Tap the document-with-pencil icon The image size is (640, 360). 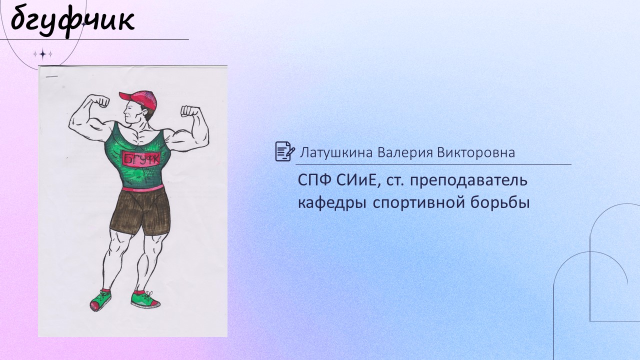(x=285, y=151)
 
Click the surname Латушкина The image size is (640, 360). (x=336, y=152)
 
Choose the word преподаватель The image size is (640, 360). (x=468, y=181)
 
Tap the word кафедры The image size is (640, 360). (x=332, y=203)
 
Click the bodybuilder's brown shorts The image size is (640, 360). (x=140, y=211)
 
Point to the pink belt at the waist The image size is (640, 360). (x=143, y=188)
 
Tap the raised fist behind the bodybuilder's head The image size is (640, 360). (x=189, y=111)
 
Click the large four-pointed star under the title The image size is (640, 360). (x=43, y=54)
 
